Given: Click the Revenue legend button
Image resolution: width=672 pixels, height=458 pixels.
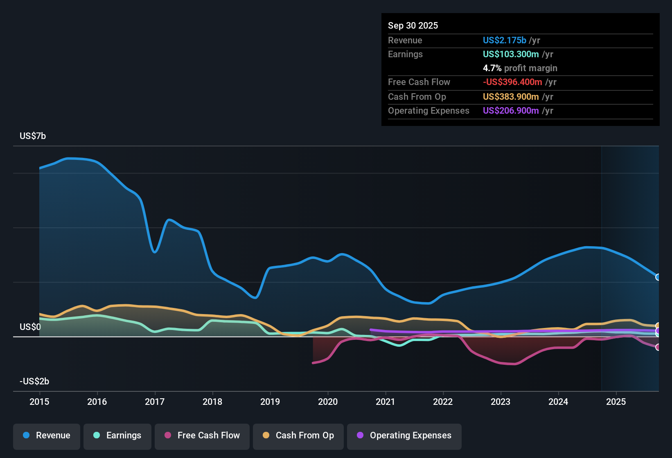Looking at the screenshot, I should click(x=47, y=436).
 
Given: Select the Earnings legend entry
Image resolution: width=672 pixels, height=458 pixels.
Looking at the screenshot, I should click(x=117, y=436).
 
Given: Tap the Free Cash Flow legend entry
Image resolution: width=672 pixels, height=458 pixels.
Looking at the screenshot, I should click(x=202, y=436).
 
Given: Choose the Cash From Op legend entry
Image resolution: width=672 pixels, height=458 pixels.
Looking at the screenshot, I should click(x=298, y=436).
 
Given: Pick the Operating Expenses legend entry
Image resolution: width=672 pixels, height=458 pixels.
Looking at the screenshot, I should click(x=404, y=436).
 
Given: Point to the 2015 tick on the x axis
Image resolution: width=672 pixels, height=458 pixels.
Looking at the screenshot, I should click(x=39, y=402).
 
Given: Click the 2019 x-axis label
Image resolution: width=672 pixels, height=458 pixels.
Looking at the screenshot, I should click(x=270, y=402).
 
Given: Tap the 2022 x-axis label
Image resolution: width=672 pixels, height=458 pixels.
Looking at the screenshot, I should click(x=443, y=402).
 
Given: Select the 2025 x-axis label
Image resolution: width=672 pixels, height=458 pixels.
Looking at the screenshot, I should click(x=616, y=402).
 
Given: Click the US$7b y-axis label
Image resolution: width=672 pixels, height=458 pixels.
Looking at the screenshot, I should click(x=33, y=136).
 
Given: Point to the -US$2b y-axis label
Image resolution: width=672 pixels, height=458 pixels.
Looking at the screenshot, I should click(x=34, y=382).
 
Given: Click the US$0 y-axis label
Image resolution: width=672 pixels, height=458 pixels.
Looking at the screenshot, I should click(x=30, y=327).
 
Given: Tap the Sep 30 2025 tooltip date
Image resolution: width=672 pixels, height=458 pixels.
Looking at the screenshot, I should click(x=413, y=26).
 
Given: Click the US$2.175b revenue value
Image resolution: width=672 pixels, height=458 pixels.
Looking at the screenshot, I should click(x=504, y=40).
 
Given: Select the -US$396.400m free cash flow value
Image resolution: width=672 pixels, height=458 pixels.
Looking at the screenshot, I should click(x=512, y=82).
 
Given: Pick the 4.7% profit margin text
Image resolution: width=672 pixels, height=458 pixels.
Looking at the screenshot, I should click(x=520, y=68).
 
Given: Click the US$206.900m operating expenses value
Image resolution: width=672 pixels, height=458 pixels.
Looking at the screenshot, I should click(x=511, y=111).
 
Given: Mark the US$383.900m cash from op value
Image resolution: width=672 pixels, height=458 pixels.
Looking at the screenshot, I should click(x=511, y=97).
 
